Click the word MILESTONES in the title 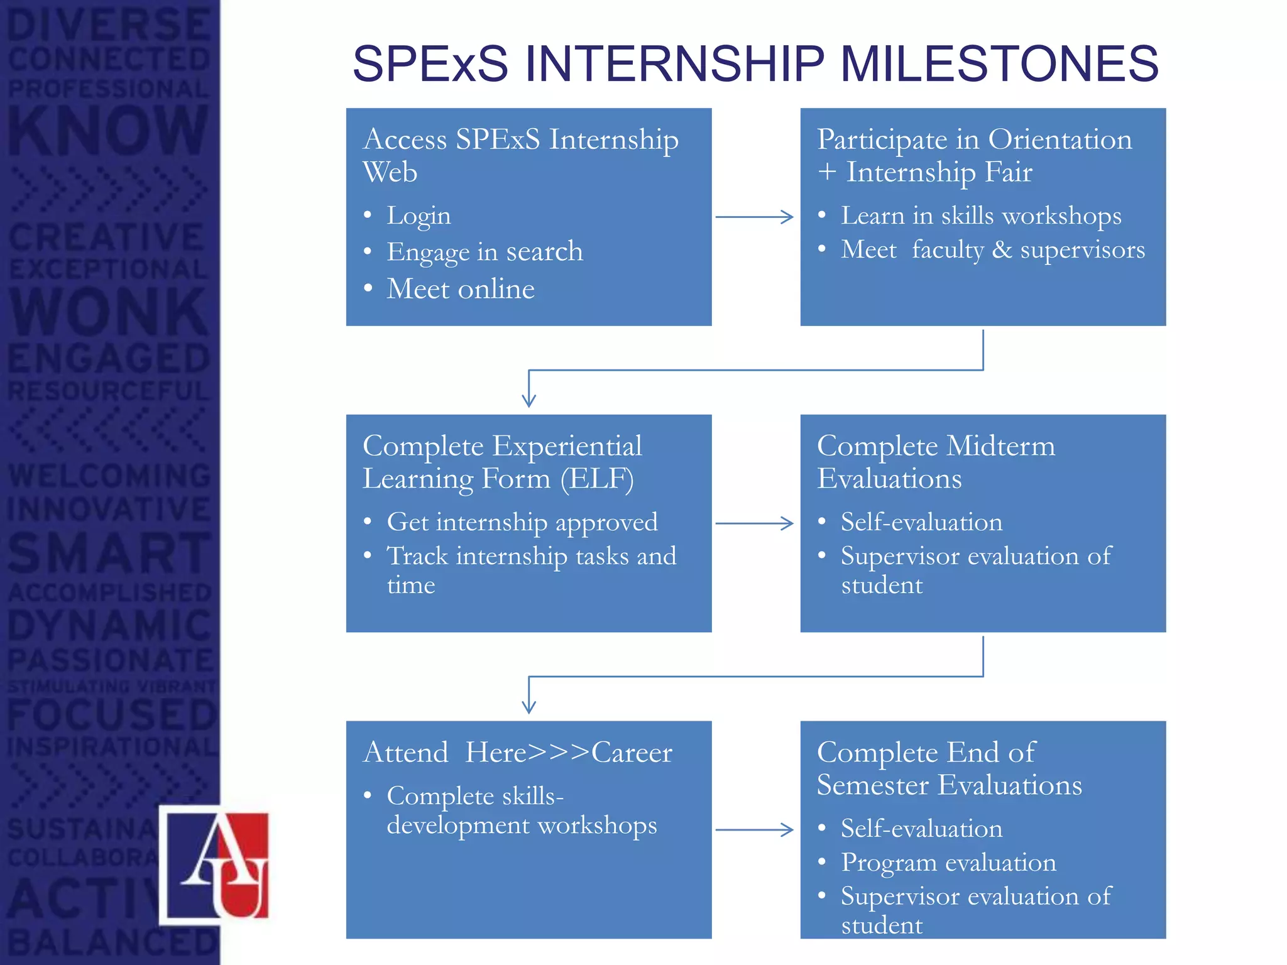pos(999,63)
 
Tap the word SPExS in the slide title pos(430,63)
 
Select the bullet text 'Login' pos(419,216)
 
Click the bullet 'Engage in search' pos(485,252)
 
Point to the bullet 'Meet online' pos(461,289)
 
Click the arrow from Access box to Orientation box pos(755,217)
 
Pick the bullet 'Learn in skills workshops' pos(981,216)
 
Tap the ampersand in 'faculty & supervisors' pos(1002,250)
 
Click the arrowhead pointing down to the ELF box pos(529,400)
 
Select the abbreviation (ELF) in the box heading pos(596,479)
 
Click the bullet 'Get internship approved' pos(522,522)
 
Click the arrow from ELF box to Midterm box pos(755,523)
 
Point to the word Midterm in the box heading pos(1000,446)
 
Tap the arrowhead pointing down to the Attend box pos(529,707)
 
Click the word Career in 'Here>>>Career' pos(632,753)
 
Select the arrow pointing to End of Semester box pos(755,830)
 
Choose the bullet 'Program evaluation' pos(948,863)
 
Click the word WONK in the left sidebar pos(108,312)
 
